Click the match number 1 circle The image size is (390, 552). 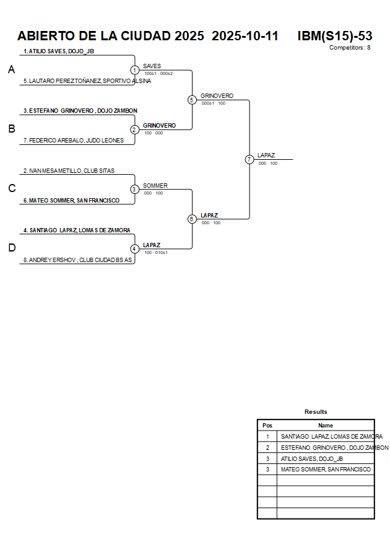134,70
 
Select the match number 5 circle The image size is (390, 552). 192,100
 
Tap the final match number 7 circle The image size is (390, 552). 249,159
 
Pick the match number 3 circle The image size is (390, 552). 134,189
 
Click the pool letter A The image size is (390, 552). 11,70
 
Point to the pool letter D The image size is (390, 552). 11,248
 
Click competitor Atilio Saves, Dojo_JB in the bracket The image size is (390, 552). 59,51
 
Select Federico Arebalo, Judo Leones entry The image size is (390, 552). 76,141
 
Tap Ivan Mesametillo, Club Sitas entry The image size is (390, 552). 69,170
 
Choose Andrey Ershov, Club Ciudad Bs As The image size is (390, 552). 77,260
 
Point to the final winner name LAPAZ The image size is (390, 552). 266,156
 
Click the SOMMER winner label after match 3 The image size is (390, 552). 155,186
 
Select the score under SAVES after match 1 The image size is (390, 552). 158,73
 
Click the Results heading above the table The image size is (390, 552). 316,412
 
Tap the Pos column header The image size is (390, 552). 267,426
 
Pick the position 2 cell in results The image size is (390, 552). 267,447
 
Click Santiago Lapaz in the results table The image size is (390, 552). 331,436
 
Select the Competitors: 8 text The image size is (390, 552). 350,48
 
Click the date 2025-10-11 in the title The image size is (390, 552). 245,36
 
